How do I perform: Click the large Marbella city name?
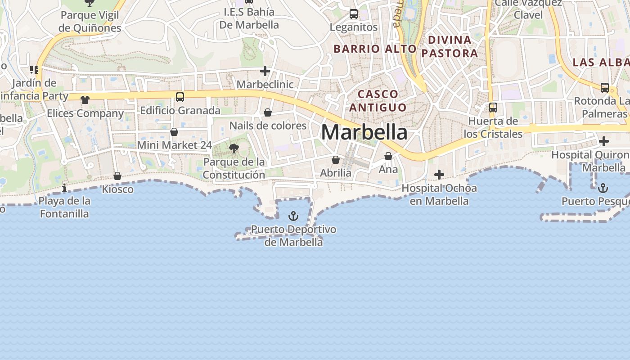(x=364, y=132)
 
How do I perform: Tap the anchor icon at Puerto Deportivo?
(x=293, y=216)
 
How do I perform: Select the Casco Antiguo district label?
(x=378, y=101)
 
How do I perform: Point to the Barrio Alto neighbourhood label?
(x=375, y=49)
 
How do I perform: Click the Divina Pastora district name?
(x=449, y=46)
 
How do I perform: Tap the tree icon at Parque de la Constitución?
(x=234, y=148)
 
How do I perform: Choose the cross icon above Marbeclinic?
(x=265, y=71)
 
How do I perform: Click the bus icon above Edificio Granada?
(x=180, y=97)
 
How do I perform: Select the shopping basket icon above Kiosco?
(x=117, y=175)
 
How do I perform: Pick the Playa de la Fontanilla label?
(x=64, y=207)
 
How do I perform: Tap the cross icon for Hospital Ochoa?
(x=439, y=175)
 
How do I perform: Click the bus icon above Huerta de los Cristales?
(x=493, y=108)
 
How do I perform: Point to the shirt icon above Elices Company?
(x=85, y=99)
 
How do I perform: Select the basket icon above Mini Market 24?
(x=174, y=132)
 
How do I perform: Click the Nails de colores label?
(x=268, y=126)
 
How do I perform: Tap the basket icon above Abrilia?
(x=336, y=160)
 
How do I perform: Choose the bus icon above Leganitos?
(x=354, y=14)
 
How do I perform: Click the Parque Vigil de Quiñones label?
(x=90, y=22)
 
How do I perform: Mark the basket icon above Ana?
(x=388, y=156)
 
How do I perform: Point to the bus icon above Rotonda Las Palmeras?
(x=605, y=87)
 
